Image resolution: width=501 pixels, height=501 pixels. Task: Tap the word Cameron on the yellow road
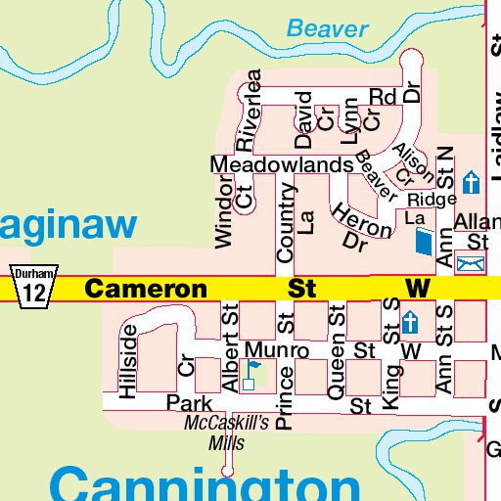pyautogui.click(x=146, y=289)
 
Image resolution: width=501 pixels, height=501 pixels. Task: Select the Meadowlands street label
pyautogui.click(x=282, y=164)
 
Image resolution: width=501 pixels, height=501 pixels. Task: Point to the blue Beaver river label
pyautogui.click(x=328, y=29)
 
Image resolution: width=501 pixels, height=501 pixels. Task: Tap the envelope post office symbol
pyautogui.click(x=471, y=262)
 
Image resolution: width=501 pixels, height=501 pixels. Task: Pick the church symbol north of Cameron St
pyautogui.click(x=472, y=182)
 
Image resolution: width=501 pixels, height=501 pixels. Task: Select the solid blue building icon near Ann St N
pyautogui.click(x=423, y=242)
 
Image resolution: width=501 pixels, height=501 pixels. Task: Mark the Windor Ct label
pyautogui.click(x=233, y=210)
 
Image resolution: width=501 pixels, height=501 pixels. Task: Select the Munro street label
pyautogui.click(x=277, y=349)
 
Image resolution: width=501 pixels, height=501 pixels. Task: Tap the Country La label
pyautogui.click(x=296, y=222)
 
